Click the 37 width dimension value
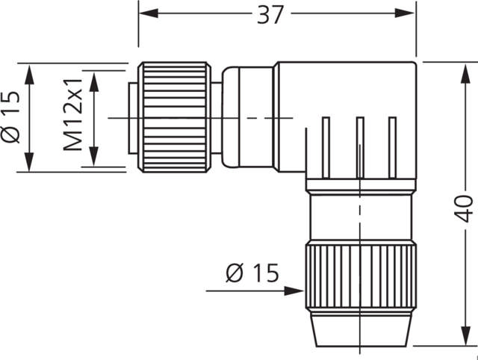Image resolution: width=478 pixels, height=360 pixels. [x=270, y=13]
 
